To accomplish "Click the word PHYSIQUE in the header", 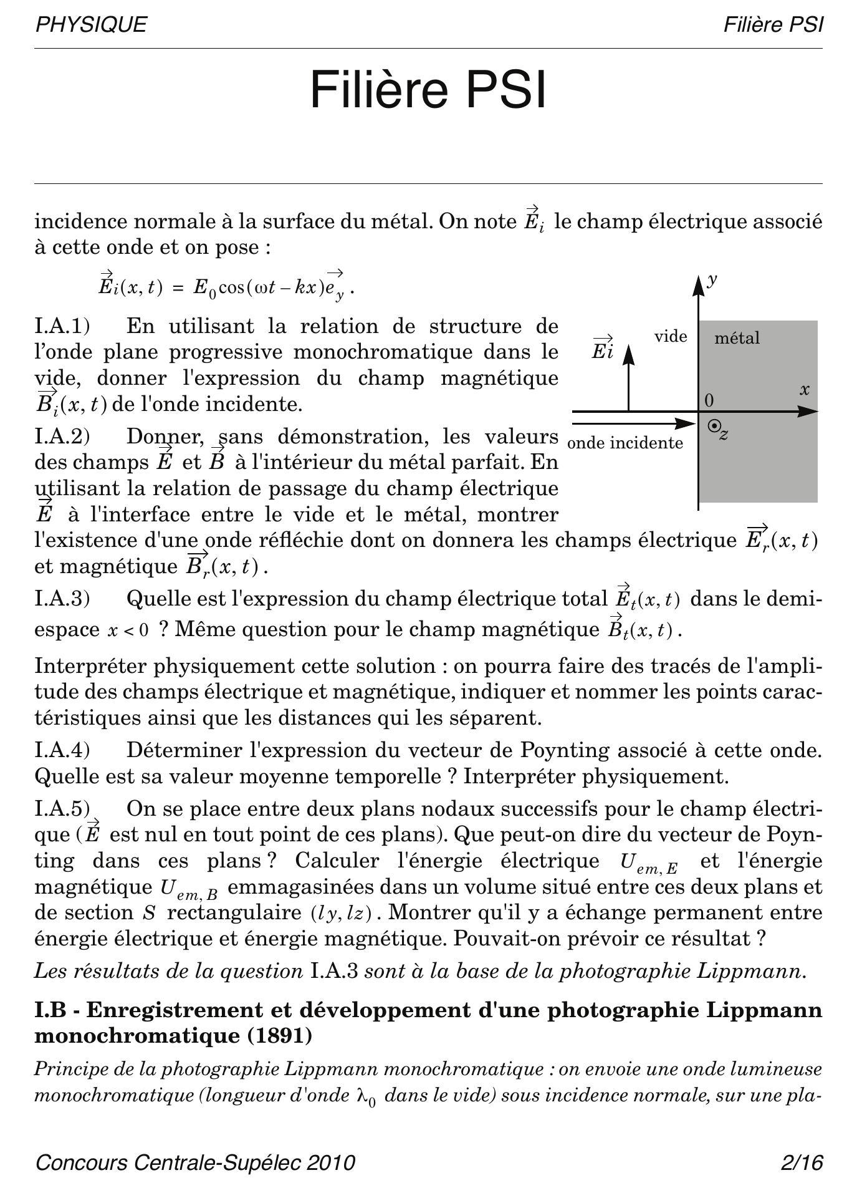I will (91, 25).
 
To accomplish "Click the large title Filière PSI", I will (428, 90).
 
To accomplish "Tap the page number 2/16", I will (802, 1163).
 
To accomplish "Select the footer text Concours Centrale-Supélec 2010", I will (195, 1163).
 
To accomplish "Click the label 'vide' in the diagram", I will (671, 337).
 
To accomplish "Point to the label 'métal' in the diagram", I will (737, 338).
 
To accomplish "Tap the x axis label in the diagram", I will (805, 390).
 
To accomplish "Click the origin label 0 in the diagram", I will (709, 400).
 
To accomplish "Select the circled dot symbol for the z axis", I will (715, 426).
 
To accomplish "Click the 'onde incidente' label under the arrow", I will (625, 443).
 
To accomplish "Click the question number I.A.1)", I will (62, 326).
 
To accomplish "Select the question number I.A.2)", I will (62, 437).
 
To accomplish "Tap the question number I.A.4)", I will (62, 750).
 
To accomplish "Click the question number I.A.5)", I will (62, 809).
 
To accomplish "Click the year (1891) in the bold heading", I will (280, 1036).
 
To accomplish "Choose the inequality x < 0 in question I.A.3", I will (128, 630).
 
